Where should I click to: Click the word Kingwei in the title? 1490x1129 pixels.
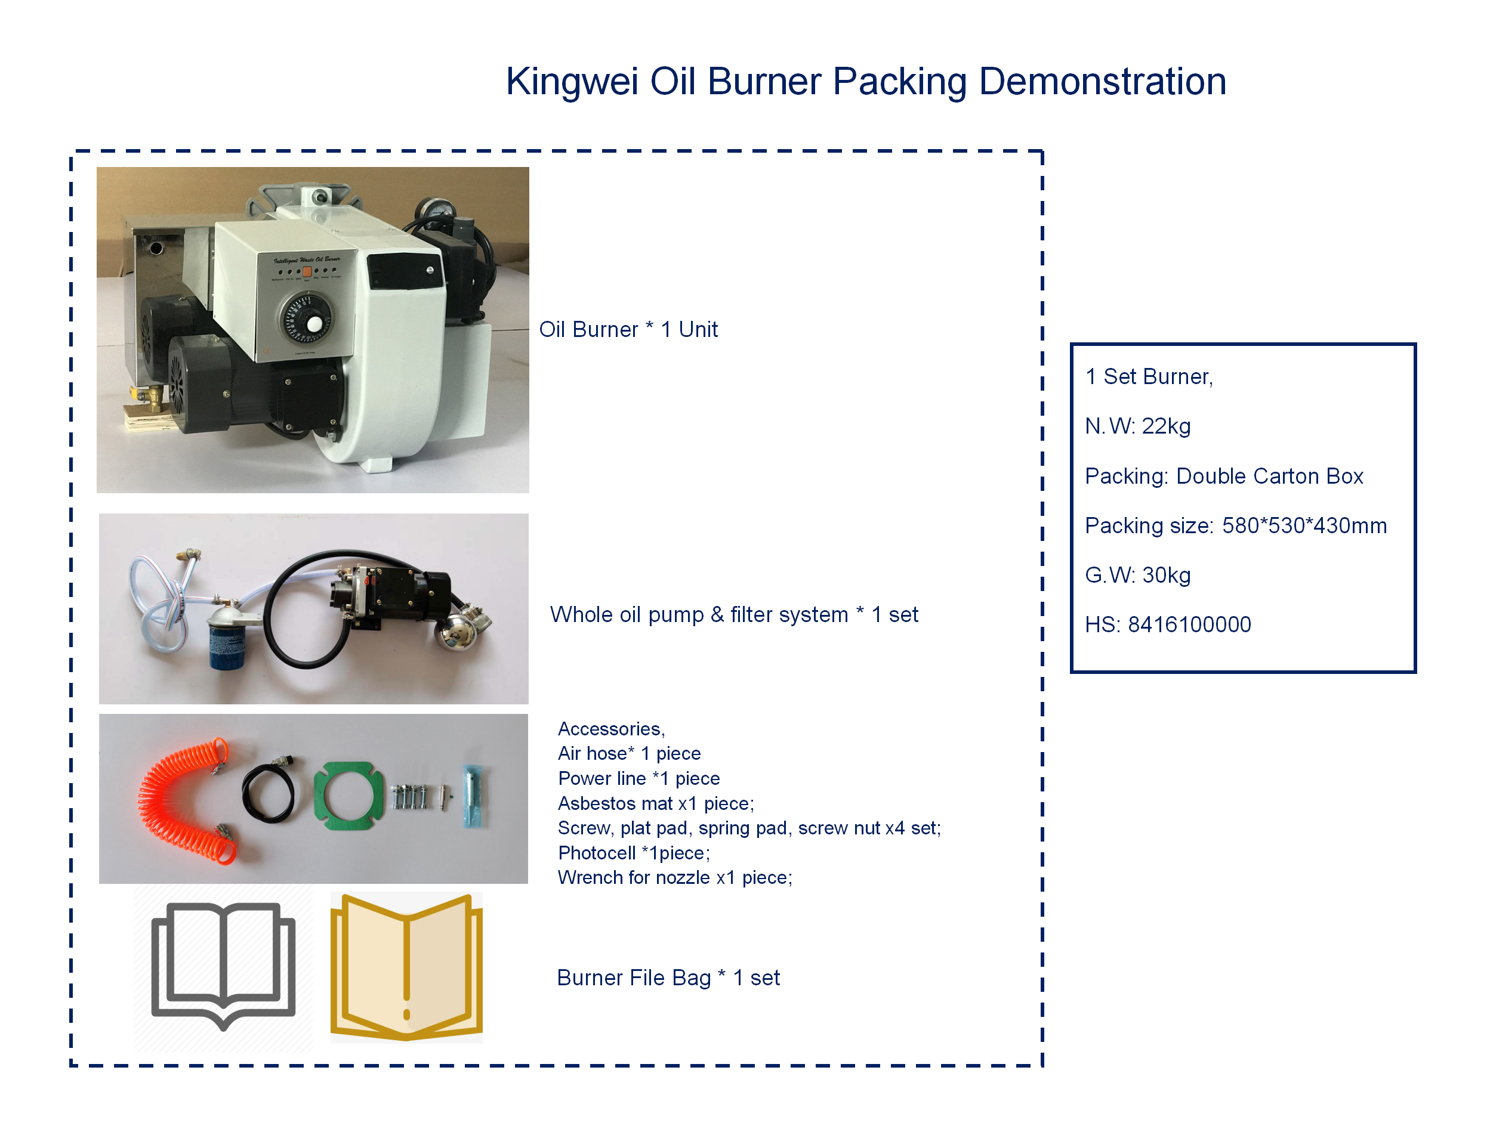571,82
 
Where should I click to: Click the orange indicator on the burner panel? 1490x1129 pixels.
307,272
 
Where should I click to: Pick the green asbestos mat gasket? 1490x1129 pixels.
348,796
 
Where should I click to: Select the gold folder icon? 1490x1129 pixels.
406,967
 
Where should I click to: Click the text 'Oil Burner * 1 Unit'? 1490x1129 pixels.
628,329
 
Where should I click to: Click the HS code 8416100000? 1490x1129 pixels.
1189,625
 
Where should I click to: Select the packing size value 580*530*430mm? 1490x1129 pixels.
1304,526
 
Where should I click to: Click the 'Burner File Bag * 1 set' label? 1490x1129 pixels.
668,978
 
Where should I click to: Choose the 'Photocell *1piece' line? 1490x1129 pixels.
633,853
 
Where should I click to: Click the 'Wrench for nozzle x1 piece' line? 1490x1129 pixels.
674,878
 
